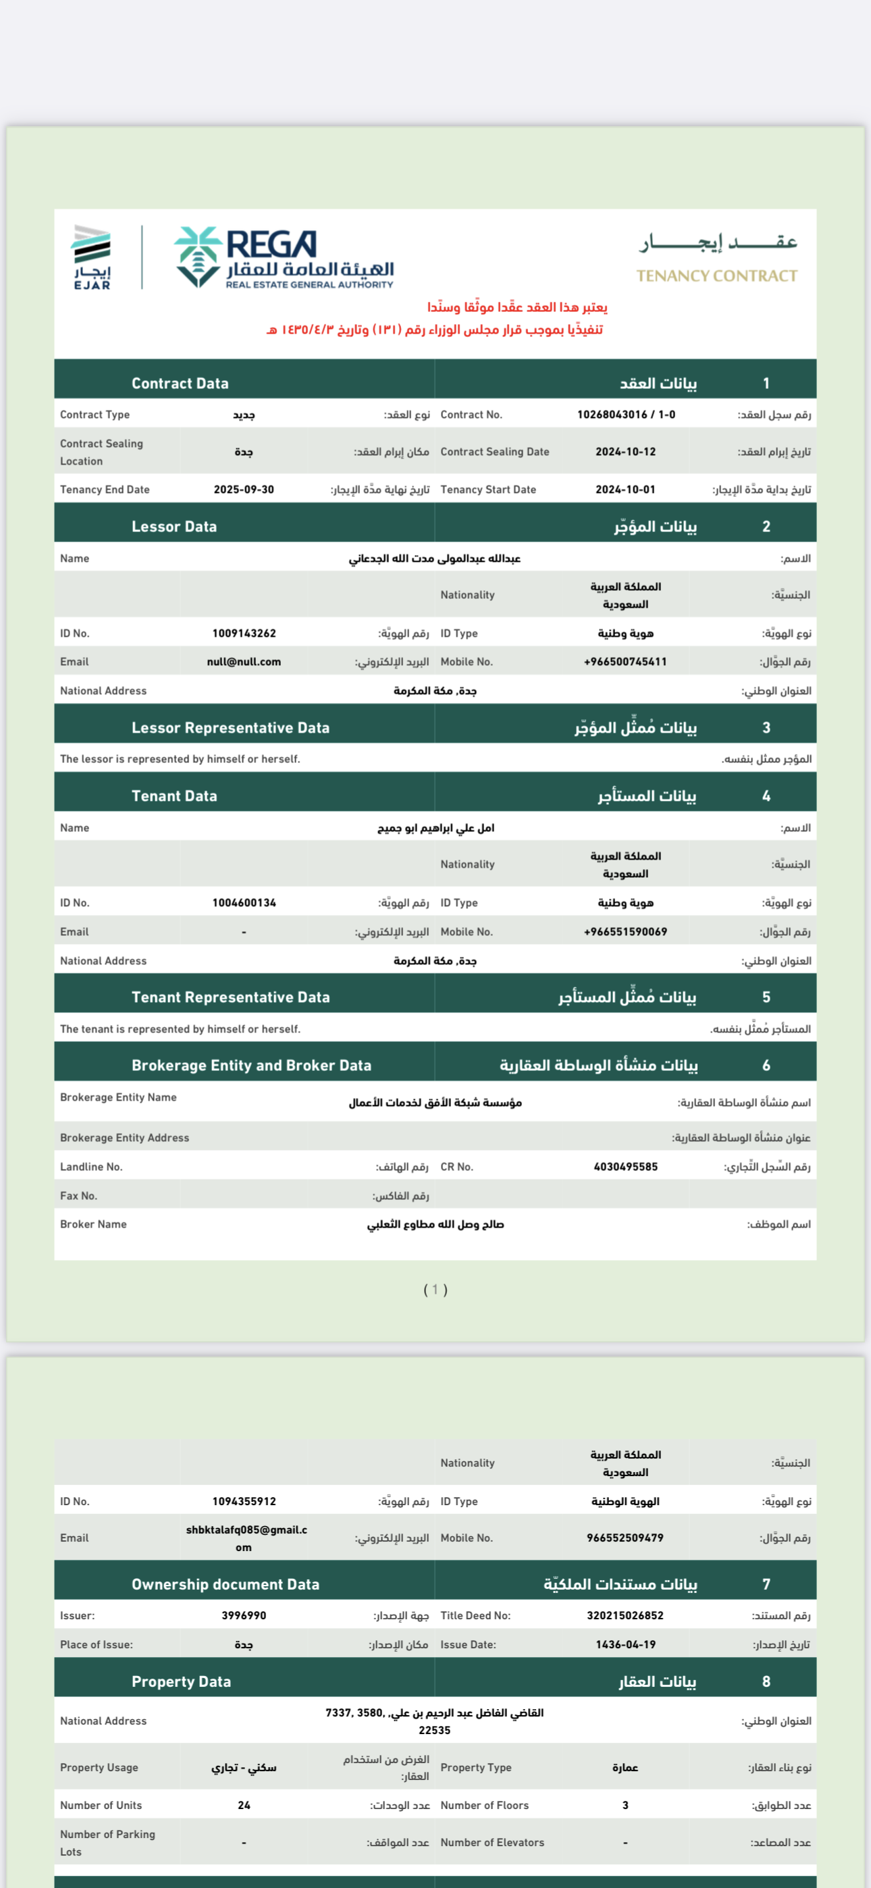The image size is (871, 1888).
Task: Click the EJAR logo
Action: click(92, 257)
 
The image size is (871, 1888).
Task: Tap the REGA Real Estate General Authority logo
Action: click(284, 257)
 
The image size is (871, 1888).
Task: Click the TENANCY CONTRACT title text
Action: click(716, 276)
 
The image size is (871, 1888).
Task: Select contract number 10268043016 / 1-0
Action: click(625, 415)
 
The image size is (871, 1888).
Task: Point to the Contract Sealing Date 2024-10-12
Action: click(625, 452)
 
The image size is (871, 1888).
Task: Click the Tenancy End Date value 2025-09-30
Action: click(244, 490)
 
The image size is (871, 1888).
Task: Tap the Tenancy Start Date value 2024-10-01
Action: click(625, 490)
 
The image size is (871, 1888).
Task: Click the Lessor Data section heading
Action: click(174, 526)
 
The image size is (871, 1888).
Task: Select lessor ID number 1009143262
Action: click(244, 633)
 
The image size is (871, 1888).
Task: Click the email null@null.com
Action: click(244, 662)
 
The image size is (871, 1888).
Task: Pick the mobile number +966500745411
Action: click(625, 662)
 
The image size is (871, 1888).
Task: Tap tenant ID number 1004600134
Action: click(244, 903)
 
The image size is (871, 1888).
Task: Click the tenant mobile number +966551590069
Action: click(625, 933)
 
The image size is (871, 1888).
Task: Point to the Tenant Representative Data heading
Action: click(230, 997)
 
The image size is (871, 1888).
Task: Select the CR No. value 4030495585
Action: click(625, 1167)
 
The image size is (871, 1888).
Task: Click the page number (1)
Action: click(435, 1289)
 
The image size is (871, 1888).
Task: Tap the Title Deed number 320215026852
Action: click(625, 1615)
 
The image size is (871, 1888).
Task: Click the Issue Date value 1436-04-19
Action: click(625, 1645)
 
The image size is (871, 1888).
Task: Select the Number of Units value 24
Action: click(244, 1805)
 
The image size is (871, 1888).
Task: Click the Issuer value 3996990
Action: click(244, 1615)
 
